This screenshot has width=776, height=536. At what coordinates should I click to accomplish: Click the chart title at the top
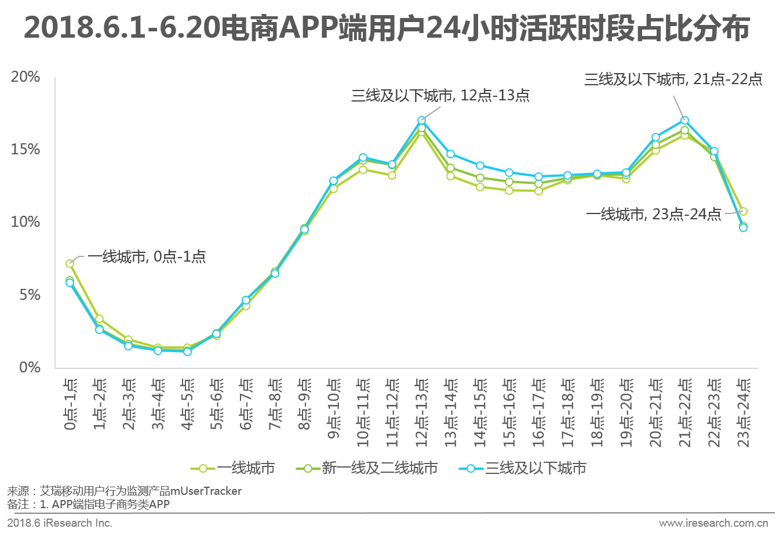pos(387,28)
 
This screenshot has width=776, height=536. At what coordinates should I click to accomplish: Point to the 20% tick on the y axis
pos(25,77)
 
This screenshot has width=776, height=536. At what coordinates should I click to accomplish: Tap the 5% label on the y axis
pos(30,295)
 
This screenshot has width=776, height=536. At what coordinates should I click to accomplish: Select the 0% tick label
pos(30,367)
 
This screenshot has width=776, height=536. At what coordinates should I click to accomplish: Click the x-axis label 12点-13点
pos(422,412)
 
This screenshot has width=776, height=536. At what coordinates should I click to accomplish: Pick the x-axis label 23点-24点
pos(744,412)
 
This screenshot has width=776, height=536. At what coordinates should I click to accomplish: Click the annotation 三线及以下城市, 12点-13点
pos(440,96)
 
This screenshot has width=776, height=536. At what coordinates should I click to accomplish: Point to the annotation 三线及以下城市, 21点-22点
pos(673,79)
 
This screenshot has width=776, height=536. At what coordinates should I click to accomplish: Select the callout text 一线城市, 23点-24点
pos(653,215)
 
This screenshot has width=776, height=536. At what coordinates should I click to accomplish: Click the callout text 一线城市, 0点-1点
pos(147,257)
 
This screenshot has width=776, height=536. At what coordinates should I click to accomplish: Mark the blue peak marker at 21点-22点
pos(684,121)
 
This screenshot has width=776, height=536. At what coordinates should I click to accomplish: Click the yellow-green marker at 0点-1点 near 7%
pos(70,264)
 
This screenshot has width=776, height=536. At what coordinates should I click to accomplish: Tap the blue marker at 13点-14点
pos(450,154)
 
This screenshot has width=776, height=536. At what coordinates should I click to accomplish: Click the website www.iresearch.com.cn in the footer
pos(713,523)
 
